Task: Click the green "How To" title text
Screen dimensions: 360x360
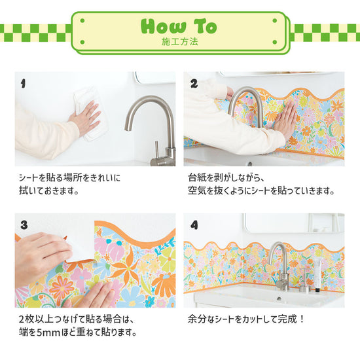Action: tap(179, 26)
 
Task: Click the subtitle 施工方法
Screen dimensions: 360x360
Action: tap(179, 42)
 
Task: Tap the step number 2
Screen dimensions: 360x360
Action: tap(194, 84)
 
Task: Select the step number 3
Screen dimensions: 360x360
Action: tap(24, 225)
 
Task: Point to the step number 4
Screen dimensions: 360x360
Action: tap(194, 225)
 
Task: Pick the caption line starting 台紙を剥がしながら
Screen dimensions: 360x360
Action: tap(226, 177)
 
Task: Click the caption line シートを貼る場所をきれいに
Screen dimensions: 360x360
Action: tap(69, 177)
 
